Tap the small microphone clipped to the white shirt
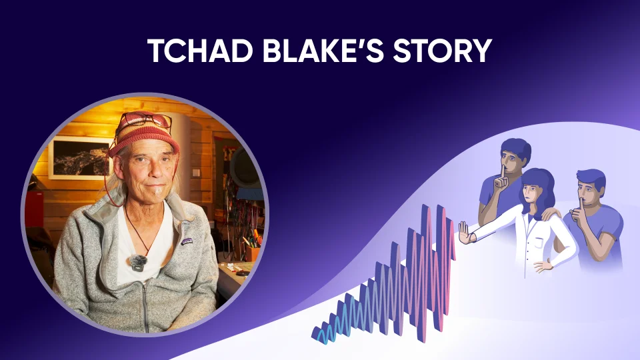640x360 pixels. [138, 263]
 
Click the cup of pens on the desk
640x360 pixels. [252, 252]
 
